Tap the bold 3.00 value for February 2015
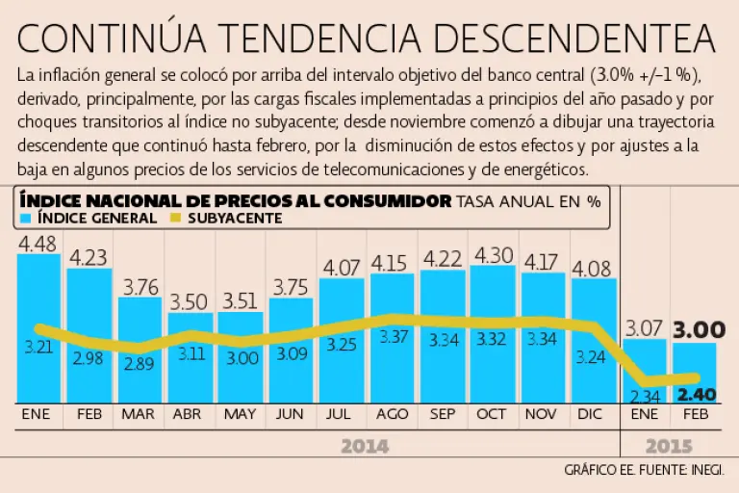click(x=698, y=330)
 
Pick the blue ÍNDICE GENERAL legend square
click(x=26, y=218)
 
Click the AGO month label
click(x=392, y=414)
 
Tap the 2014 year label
click(x=364, y=447)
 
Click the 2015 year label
click(x=668, y=447)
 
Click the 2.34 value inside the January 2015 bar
click(x=644, y=394)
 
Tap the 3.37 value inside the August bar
click(x=392, y=337)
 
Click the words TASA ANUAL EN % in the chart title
click(x=528, y=201)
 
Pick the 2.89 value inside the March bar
click(x=140, y=364)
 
